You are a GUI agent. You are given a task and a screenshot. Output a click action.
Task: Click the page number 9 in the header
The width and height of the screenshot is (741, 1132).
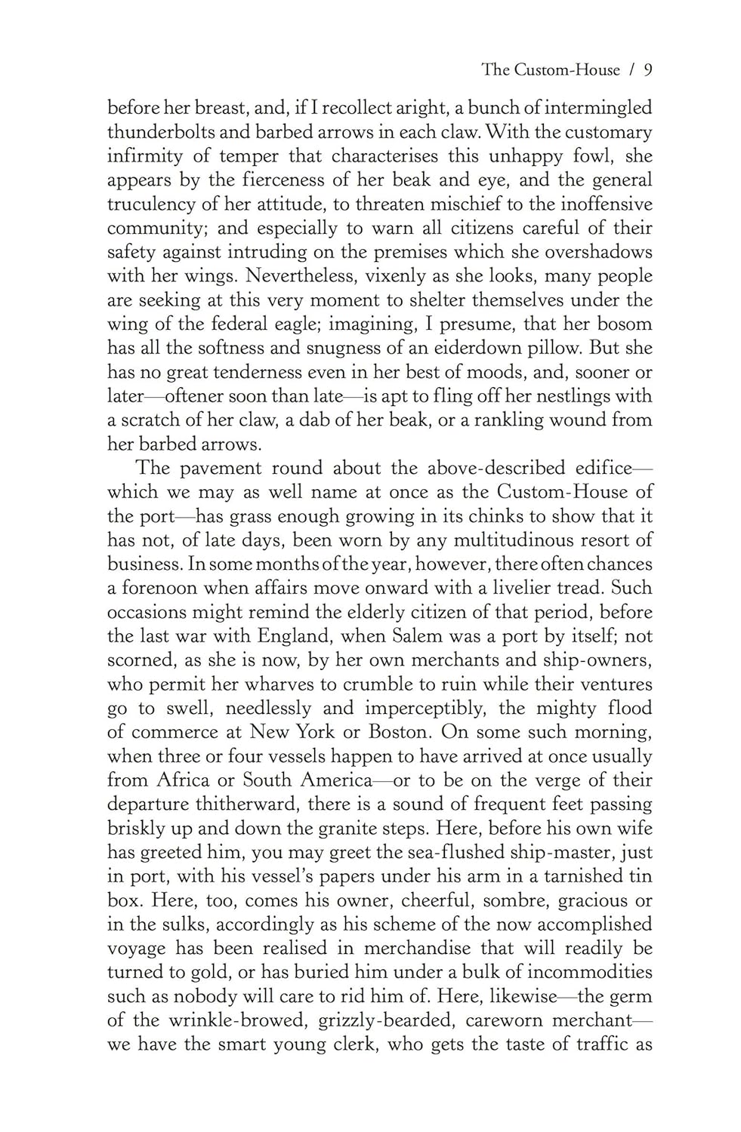(647, 71)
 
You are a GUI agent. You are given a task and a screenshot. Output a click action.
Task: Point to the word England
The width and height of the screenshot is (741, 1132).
(289, 636)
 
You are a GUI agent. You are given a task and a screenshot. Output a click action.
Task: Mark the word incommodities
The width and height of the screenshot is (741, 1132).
(577, 972)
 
